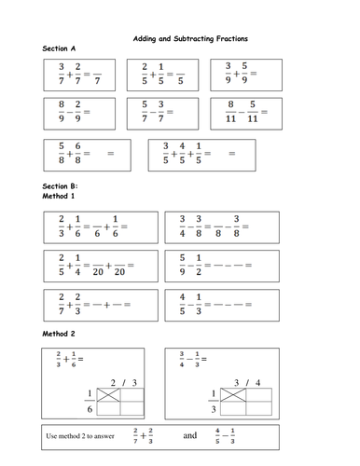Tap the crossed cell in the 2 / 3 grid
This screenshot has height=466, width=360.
113,394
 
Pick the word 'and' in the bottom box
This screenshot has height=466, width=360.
190,434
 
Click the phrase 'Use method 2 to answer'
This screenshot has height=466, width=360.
80,435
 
